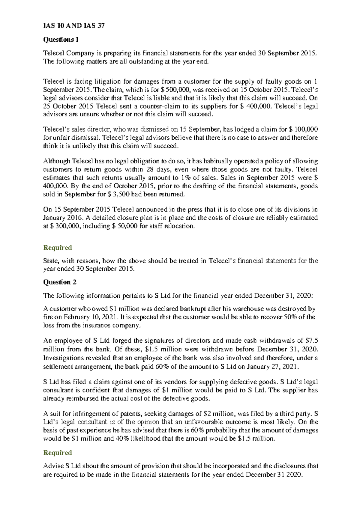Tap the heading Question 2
point(60,282)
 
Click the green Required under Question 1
point(58,248)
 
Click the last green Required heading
point(58,453)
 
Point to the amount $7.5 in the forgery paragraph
point(312,341)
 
